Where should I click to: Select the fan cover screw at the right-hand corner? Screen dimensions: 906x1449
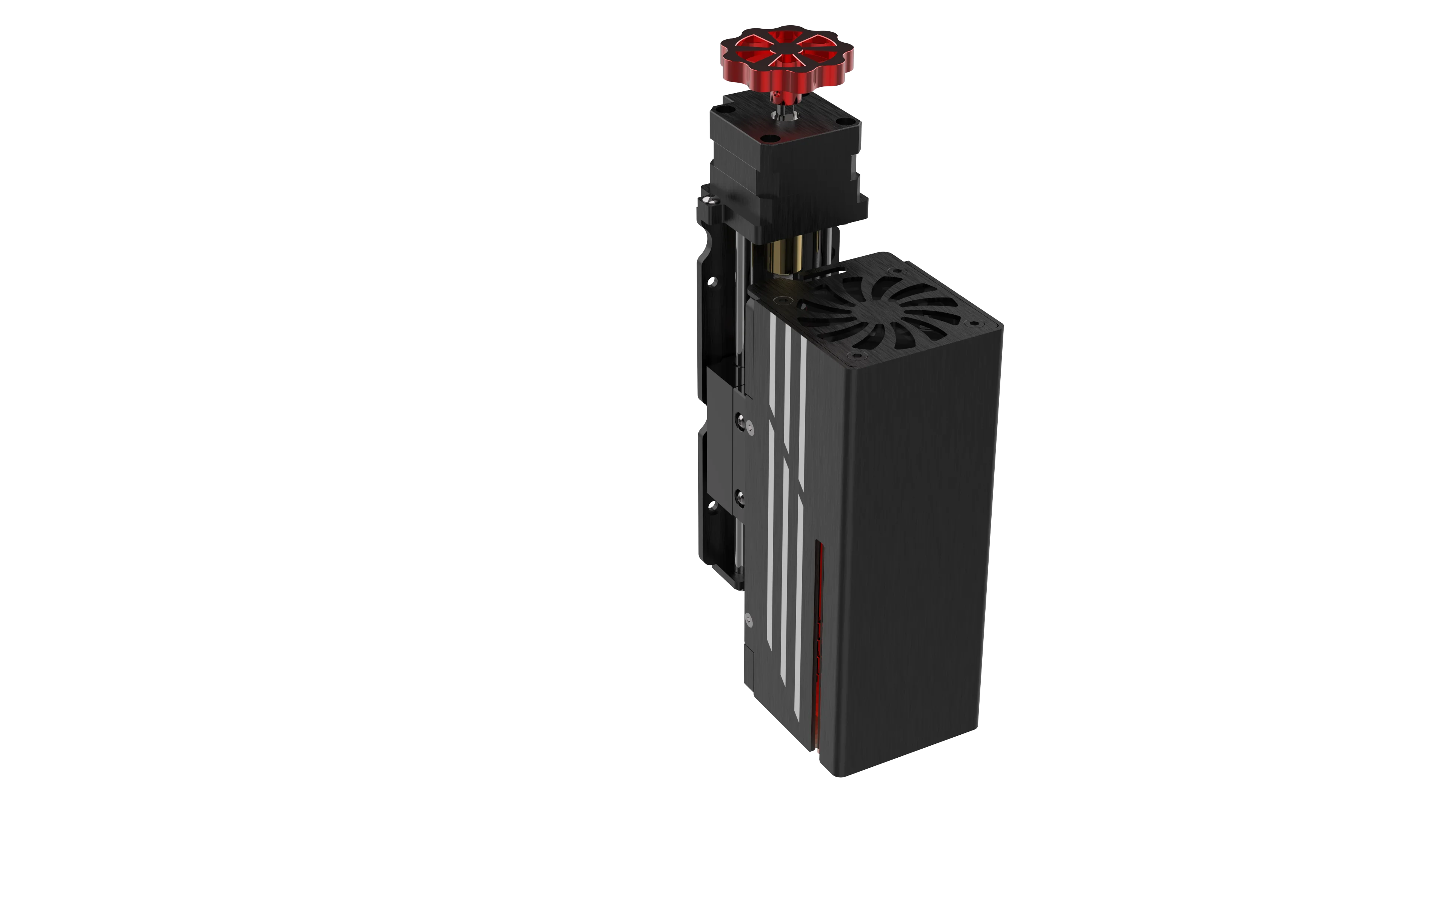[974, 324]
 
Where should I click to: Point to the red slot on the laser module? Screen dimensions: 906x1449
[818, 647]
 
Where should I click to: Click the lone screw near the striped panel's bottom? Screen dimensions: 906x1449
[748, 617]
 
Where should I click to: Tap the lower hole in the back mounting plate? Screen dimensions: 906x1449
[712, 506]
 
